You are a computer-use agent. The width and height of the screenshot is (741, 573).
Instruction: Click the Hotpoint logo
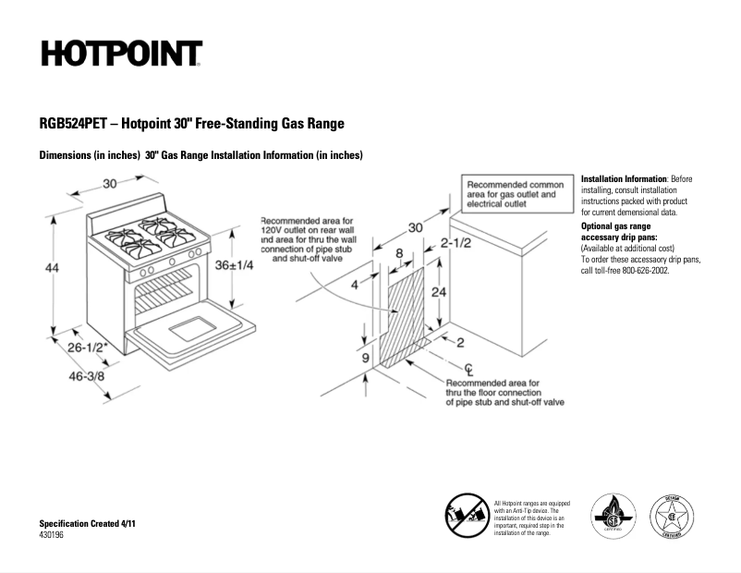point(120,53)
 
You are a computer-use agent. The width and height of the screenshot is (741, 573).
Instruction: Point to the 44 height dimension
point(53,268)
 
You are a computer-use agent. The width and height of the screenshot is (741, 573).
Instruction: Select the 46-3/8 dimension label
point(86,378)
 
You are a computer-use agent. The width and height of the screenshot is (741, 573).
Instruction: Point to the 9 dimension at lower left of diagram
point(366,358)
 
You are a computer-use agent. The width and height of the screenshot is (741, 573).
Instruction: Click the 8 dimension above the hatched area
point(399,252)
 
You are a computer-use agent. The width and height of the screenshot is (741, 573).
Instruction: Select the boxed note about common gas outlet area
point(513,195)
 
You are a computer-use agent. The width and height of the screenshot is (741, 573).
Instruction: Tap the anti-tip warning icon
point(467,513)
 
